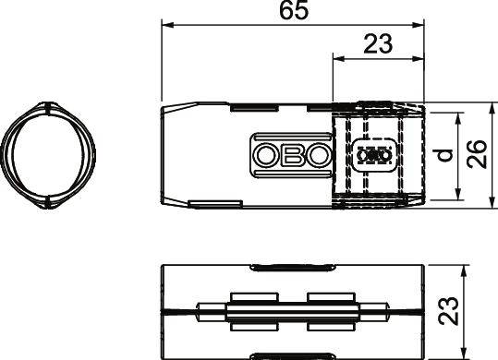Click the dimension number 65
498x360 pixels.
tap(293, 11)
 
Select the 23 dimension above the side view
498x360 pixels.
tap(376, 43)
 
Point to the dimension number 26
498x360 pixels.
tap(477, 153)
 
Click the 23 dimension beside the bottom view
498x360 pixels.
tap(477, 312)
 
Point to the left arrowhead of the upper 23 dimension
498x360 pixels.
tap(336, 58)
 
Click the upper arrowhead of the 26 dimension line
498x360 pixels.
tap(486, 107)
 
